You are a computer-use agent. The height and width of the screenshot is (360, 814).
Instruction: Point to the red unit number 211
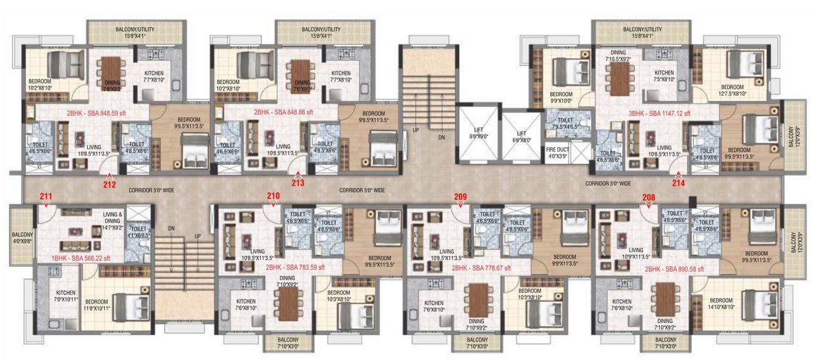point(46,196)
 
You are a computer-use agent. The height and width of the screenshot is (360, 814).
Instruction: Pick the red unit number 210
point(273,196)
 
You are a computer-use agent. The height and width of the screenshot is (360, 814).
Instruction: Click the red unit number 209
point(461,196)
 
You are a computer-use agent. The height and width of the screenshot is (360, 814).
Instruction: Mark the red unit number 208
point(649,196)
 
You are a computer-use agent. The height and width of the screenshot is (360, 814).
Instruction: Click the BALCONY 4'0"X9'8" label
point(23,238)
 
